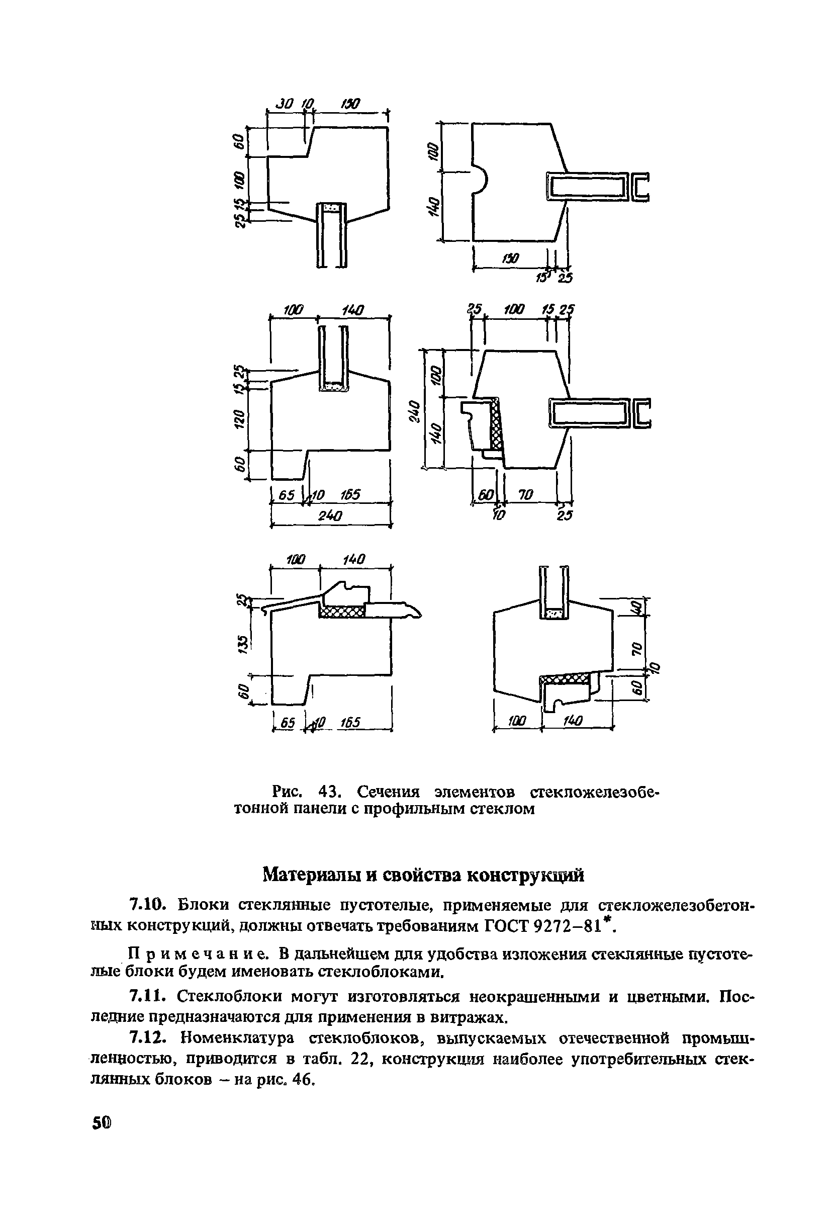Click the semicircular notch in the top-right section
(x=480, y=178)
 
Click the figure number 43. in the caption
(x=330, y=790)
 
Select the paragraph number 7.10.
(x=149, y=905)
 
